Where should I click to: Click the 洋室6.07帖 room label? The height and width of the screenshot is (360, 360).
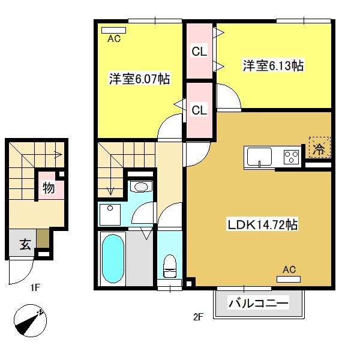click(139, 79)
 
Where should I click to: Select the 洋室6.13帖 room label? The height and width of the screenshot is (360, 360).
click(273, 65)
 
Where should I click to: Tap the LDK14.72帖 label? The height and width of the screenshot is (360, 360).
click(262, 224)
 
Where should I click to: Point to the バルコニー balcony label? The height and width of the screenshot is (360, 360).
click(258, 303)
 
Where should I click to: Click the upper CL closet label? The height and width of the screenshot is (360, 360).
click(199, 52)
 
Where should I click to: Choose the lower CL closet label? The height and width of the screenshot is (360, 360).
click(199, 110)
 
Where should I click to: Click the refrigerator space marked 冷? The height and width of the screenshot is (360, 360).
click(320, 148)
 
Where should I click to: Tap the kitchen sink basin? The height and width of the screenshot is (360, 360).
click(259, 157)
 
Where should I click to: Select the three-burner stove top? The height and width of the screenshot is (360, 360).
click(291, 157)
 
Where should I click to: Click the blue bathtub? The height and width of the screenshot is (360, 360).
click(113, 259)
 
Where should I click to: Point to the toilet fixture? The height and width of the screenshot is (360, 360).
click(170, 266)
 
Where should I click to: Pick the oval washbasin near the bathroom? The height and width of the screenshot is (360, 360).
click(141, 187)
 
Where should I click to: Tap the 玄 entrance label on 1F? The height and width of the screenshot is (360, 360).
click(25, 244)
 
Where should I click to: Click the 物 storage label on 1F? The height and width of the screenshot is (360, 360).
click(49, 188)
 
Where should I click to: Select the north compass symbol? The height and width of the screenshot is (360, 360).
click(30, 320)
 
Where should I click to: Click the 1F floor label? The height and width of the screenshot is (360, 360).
click(35, 287)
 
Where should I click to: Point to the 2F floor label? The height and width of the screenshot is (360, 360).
click(198, 317)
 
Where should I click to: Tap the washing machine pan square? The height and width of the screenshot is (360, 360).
click(110, 215)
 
